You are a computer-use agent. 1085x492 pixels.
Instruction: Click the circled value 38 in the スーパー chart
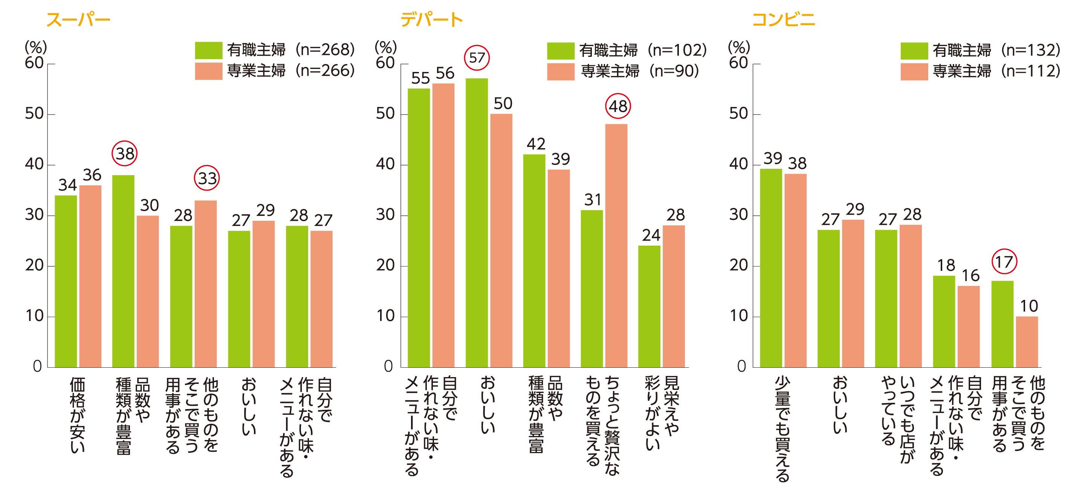[x=125, y=154]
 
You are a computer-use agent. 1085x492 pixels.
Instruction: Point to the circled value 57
[x=477, y=58]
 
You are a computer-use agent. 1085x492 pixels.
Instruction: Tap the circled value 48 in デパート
[x=618, y=106]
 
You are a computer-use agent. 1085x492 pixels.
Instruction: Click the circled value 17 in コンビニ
[x=1004, y=262]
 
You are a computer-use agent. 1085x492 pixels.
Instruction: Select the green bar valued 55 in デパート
[x=419, y=228]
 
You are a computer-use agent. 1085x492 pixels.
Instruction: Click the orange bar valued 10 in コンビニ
[x=1027, y=342]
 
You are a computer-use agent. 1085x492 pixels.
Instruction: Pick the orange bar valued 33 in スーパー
[x=206, y=284]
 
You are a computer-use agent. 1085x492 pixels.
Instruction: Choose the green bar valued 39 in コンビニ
[x=771, y=268]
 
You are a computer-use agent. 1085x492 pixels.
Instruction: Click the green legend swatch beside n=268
[x=208, y=50]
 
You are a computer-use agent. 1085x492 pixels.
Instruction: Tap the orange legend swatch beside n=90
[x=561, y=71]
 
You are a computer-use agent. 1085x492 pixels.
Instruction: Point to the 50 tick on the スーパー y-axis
[x=34, y=114]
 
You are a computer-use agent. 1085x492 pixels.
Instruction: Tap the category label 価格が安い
[x=78, y=415]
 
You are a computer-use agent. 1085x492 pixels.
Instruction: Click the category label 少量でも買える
[x=782, y=428]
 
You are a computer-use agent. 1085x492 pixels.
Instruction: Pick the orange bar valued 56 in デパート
[x=443, y=225]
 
